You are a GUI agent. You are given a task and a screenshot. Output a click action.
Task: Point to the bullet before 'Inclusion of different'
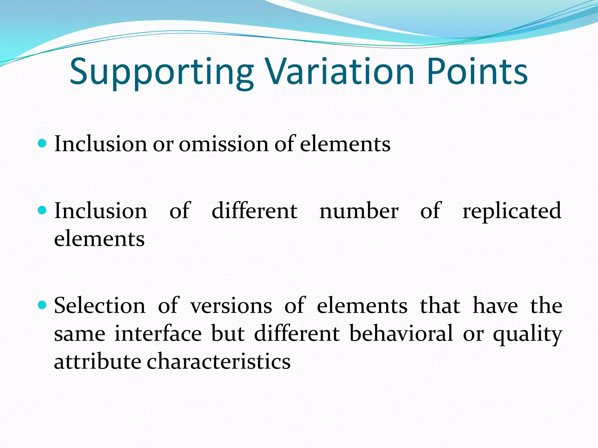point(42,210)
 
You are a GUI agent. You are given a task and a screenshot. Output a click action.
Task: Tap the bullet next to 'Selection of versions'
point(42,305)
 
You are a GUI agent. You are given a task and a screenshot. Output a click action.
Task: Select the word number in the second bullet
point(359,211)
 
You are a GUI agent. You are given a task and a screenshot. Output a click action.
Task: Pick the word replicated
point(512,211)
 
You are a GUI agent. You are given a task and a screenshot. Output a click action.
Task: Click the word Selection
point(100,306)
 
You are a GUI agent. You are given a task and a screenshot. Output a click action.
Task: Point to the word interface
point(158,334)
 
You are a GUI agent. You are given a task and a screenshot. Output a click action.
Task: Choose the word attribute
point(98,361)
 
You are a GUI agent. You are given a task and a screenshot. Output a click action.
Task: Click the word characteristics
point(218,361)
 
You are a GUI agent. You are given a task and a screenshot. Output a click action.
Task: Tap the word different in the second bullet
point(254,211)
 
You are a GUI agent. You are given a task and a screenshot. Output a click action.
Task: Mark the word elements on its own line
point(99,239)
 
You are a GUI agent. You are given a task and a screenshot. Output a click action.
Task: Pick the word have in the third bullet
point(495,306)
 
